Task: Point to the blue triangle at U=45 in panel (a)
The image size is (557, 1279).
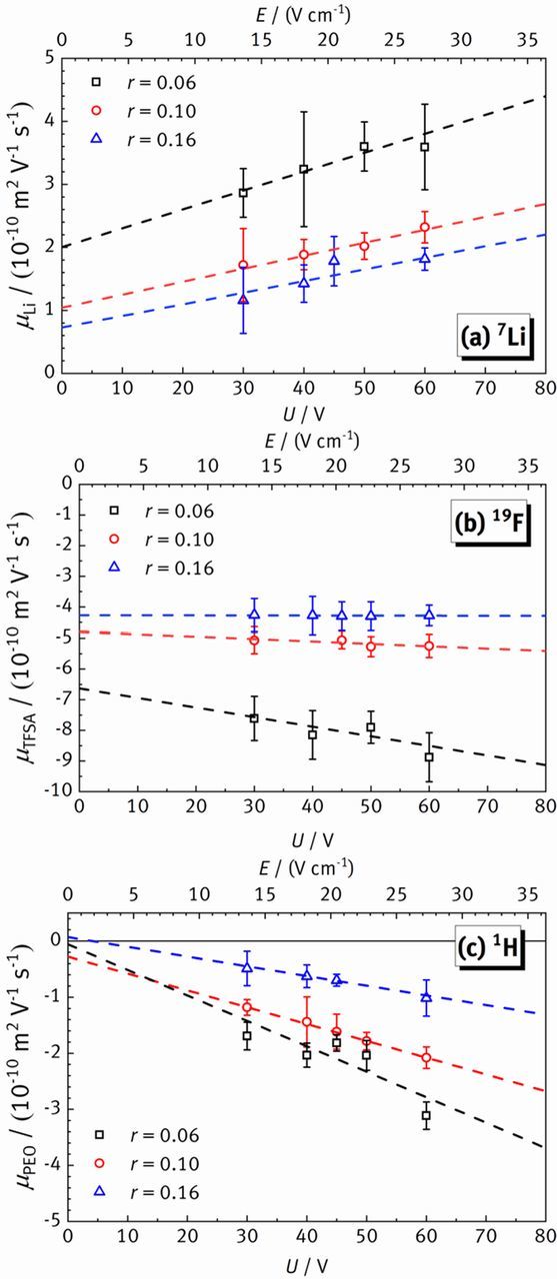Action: pos(334,260)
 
